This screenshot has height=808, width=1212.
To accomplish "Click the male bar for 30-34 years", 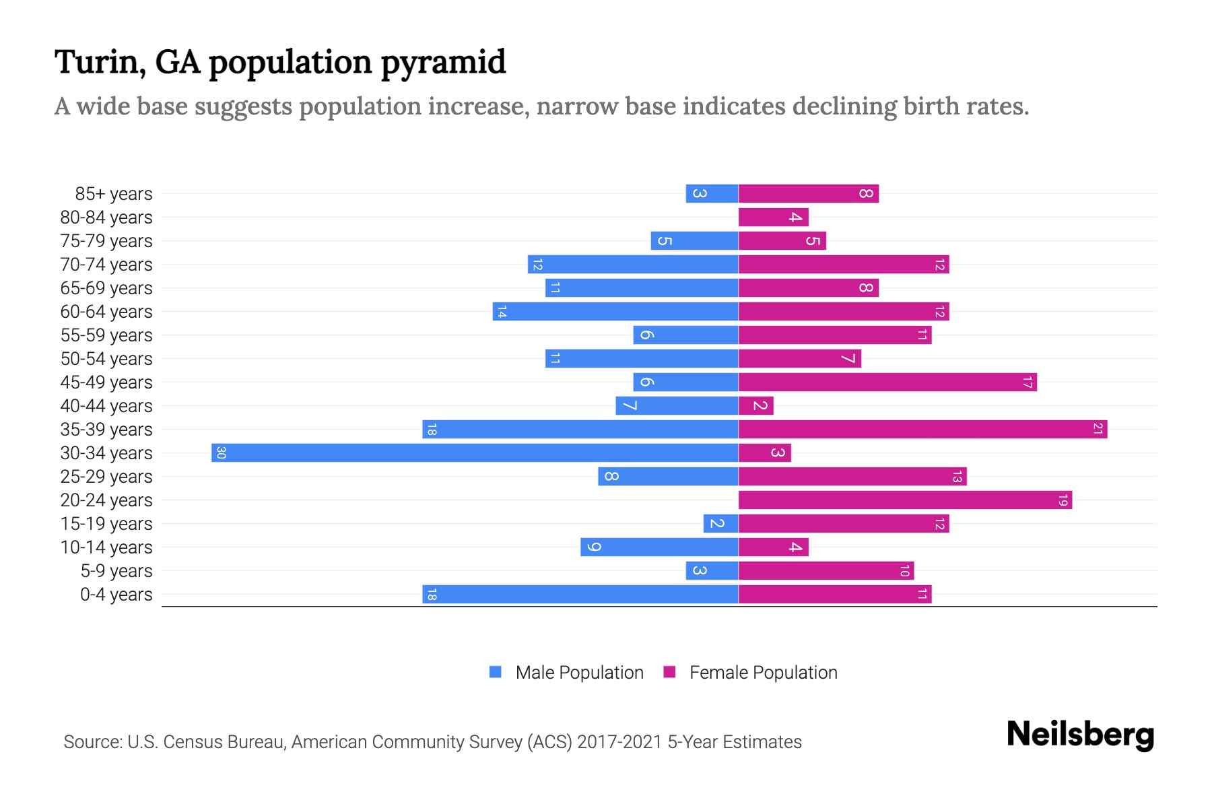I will [475, 452].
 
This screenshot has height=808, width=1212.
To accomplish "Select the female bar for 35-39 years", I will [922, 429].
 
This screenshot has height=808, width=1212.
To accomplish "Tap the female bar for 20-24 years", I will [905, 500].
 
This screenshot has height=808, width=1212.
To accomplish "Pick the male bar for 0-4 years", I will [580, 594].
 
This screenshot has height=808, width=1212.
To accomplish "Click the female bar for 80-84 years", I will [773, 217].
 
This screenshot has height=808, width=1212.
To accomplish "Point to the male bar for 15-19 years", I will [720, 523].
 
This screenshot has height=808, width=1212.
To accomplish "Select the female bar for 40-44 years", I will [755, 405].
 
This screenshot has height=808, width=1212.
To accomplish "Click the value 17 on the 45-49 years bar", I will [1027, 382].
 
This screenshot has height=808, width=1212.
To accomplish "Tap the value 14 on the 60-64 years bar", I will [501, 312].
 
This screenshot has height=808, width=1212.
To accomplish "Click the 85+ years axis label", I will [113, 194].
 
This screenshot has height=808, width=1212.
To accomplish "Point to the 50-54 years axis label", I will [106, 359].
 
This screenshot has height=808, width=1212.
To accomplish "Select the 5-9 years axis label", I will [116, 571].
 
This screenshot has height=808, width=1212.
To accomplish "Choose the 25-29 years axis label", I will [106, 477].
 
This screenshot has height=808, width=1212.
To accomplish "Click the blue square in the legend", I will [496, 672].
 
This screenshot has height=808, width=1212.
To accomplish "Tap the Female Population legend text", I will [763, 672].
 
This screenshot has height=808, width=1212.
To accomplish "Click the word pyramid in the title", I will [443, 62].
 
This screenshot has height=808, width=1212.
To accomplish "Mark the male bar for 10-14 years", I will [659, 547].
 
